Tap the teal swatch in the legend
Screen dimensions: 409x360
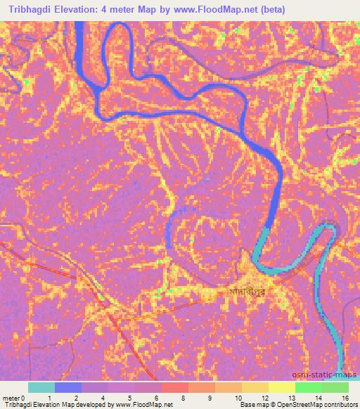(41, 387)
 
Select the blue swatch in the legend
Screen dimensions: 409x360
(67, 387)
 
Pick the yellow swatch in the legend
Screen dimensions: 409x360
(282, 387)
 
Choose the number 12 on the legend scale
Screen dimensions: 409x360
(264, 398)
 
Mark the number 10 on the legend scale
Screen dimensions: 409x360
(239, 398)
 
